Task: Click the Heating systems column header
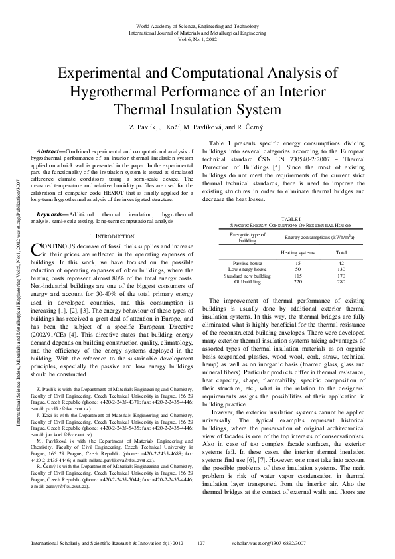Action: [297, 253]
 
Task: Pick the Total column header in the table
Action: [341, 253]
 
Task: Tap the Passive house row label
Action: [247, 263]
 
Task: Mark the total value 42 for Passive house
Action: [341, 263]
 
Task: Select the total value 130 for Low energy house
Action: [341, 269]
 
